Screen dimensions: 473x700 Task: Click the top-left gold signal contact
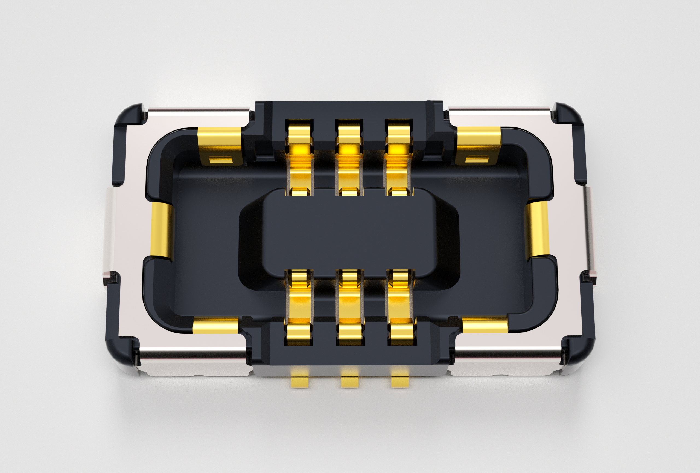point(299,157)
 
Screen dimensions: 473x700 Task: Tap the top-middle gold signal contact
point(349,157)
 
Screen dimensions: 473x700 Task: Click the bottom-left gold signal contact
point(299,307)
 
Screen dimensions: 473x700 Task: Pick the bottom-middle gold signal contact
point(349,307)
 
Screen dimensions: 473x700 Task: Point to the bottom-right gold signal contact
point(400,307)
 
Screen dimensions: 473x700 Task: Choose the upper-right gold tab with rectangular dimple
point(478,146)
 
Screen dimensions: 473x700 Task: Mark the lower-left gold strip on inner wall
point(215,326)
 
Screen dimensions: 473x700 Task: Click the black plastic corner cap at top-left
point(128,121)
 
